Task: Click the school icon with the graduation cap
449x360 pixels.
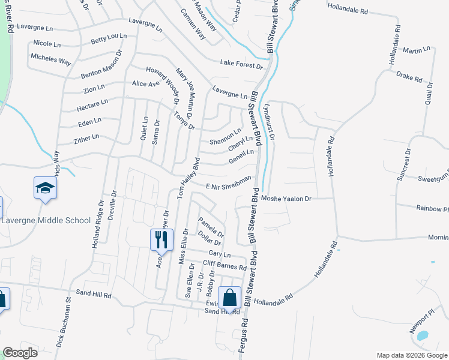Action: (x=45, y=188)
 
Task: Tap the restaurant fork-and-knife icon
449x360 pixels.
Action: (x=161, y=241)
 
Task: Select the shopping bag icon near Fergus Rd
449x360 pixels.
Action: (x=230, y=298)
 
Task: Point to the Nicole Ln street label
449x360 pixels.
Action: (x=47, y=44)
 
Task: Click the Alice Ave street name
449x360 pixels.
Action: (x=146, y=83)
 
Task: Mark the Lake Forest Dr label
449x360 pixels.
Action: (x=241, y=64)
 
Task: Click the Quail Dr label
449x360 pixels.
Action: (x=429, y=97)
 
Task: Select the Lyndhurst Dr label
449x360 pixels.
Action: (x=269, y=122)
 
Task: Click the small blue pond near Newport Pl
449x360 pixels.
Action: (x=423, y=335)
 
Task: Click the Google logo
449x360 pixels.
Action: (x=20, y=353)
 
